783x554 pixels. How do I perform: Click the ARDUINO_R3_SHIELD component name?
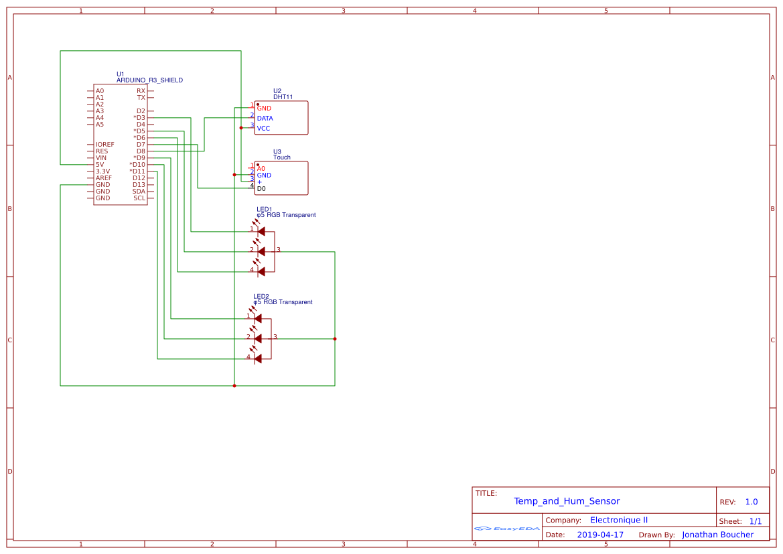point(149,80)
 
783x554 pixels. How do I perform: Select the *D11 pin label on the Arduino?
point(137,171)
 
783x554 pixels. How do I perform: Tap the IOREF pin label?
point(105,145)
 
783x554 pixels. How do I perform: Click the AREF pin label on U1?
point(104,178)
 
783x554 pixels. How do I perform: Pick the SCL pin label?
point(139,198)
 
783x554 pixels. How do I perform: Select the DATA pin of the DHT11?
point(265,119)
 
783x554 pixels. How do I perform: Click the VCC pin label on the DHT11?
point(263,129)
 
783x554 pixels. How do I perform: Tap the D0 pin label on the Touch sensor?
point(261,189)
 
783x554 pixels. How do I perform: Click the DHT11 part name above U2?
point(283,97)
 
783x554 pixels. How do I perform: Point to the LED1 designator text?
point(264,209)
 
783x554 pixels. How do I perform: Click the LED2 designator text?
point(261,296)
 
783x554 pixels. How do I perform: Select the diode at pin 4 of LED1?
point(261,271)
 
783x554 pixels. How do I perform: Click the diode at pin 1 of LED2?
point(258,318)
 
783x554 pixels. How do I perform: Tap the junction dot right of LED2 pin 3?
point(335,339)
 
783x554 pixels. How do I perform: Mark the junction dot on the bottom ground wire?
point(234,386)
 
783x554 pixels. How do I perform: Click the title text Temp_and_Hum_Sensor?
point(567,501)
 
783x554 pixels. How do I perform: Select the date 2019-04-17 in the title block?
point(600,535)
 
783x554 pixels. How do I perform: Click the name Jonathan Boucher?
point(717,535)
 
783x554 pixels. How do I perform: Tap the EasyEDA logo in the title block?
point(507,529)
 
